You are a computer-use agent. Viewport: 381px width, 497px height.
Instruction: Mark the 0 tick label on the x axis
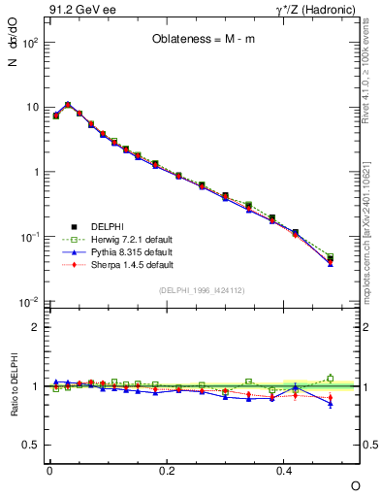coord(49,470)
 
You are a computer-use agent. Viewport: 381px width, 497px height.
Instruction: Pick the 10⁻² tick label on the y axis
coord(29,303)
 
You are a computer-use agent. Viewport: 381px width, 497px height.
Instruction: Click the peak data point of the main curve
coord(68,105)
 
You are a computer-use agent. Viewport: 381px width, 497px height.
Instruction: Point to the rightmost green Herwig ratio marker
coord(331,379)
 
